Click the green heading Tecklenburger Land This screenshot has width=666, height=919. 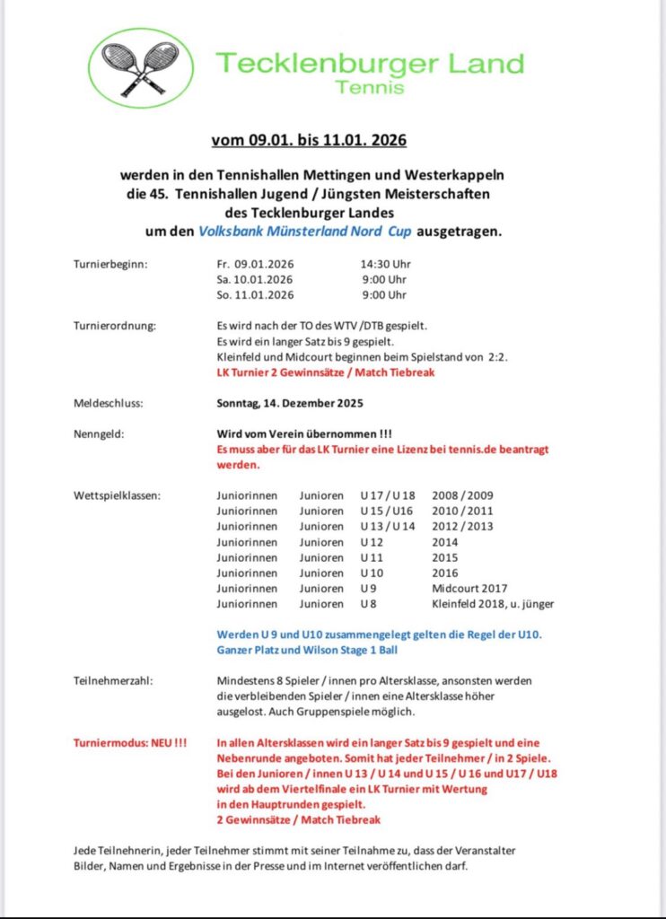click(369, 65)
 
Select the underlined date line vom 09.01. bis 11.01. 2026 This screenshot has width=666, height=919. click(309, 140)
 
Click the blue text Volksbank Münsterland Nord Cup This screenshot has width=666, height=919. click(300, 231)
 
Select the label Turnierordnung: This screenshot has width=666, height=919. click(114, 325)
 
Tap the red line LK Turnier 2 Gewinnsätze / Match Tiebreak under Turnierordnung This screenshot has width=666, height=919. click(325, 372)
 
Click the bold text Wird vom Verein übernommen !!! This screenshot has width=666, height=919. click(303, 433)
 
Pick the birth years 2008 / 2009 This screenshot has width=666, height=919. click(462, 495)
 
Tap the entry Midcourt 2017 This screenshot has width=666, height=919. click(469, 588)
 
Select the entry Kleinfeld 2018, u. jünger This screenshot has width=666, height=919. click(493, 604)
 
